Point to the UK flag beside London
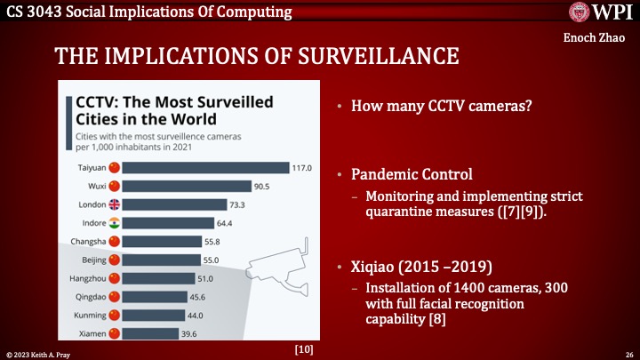113,204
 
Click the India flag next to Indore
113,222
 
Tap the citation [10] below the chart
303,349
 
